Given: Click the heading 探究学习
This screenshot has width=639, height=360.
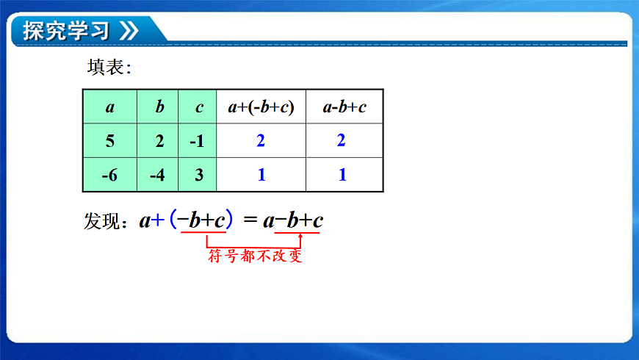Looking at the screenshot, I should coord(65,31).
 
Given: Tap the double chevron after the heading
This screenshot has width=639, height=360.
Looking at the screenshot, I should coord(129,31).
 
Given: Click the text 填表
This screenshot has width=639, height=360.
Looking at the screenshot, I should coord(106,68).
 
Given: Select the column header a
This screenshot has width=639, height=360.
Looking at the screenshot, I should coord(110,107).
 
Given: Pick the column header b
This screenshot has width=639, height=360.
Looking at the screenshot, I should coord(159,107).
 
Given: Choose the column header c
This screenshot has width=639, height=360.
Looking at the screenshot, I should coord(198,107).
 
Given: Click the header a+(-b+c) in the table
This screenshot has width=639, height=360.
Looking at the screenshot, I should coord(261,107).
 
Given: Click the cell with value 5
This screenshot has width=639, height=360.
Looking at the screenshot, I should coord(110,141).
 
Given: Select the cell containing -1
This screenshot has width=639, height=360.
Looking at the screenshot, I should coord(198,141).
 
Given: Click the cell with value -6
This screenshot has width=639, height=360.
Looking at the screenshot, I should coord(110,176).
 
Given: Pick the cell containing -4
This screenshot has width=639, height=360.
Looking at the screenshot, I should coord(159,176).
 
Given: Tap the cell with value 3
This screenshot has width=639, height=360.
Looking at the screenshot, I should coord(198,176).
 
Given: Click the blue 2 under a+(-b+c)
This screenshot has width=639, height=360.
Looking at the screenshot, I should coord(261,141).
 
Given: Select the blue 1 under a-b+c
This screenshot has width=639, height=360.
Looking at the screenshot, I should coord(342,176).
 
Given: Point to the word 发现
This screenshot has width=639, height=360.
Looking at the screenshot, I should coord(101,220).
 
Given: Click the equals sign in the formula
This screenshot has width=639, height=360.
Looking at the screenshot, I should coord(250,220).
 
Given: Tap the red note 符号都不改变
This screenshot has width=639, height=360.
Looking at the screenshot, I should coord(255,256).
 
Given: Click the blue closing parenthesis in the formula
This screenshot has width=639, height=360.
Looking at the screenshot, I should coord(230,219).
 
